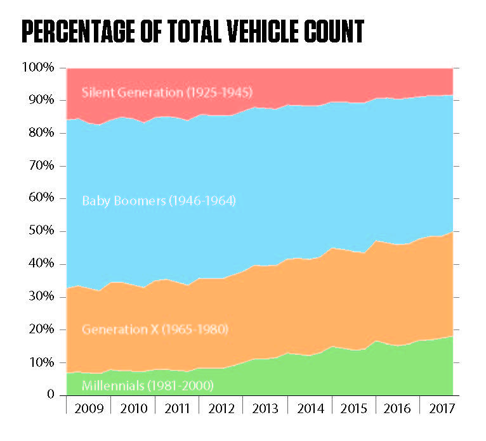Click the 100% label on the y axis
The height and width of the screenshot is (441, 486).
pyautogui.click(x=39, y=67)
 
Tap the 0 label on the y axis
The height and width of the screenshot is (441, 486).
pyautogui.click(x=50, y=395)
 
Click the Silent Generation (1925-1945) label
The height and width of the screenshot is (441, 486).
pyautogui.click(x=167, y=93)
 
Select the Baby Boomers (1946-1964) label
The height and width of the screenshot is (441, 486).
pyautogui.click(x=159, y=201)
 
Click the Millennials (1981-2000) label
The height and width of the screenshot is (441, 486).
pyautogui.click(x=148, y=385)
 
